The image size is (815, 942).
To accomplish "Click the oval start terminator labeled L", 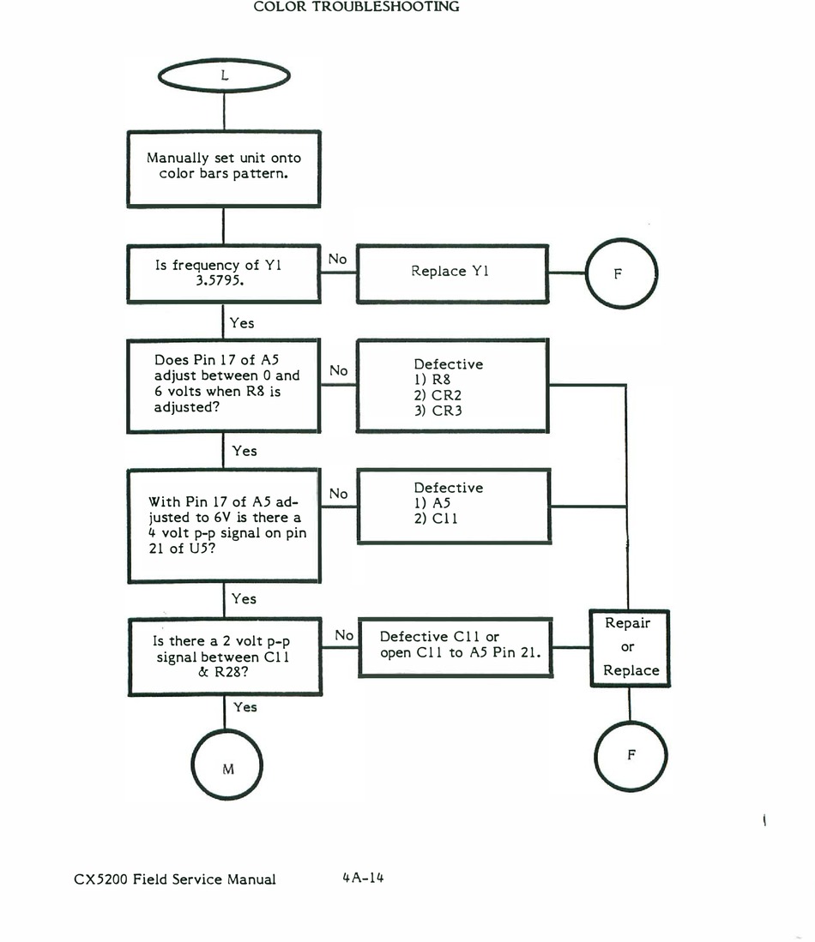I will pyautogui.click(x=224, y=76).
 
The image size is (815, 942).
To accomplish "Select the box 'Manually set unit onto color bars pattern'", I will pyautogui.click(x=224, y=168).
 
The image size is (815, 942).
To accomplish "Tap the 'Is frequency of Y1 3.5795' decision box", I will pyautogui.click(x=224, y=273).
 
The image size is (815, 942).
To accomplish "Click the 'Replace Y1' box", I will pyautogui.click(x=451, y=273).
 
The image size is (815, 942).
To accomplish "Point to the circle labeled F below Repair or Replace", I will pyautogui.click(x=631, y=755).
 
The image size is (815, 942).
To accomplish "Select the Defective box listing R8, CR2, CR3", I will pyautogui.click(x=451, y=386).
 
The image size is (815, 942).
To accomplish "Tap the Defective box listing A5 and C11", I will pyautogui.click(x=451, y=505).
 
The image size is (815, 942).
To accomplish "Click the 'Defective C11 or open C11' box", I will pyautogui.click(x=452, y=645).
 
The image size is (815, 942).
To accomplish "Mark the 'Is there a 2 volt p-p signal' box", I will pyautogui.click(x=224, y=657).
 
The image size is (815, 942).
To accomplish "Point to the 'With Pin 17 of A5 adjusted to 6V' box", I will pyautogui.click(x=224, y=525).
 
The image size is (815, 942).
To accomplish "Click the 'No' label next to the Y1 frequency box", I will pyautogui.click(x=338, y=258).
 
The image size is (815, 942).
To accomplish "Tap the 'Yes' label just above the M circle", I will pyautogui.click(x=245, y=707).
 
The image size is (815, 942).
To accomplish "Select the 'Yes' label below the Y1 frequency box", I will pyautogui.click(x=242, y=323).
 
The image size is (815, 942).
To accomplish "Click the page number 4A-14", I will pyautogui.click(x=361, y=878).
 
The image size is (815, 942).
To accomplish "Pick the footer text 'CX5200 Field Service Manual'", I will pyautogui.click(x=175, y=879).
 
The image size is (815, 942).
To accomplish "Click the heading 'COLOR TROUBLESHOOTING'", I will pyautogui.click(x=357, y=7).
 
